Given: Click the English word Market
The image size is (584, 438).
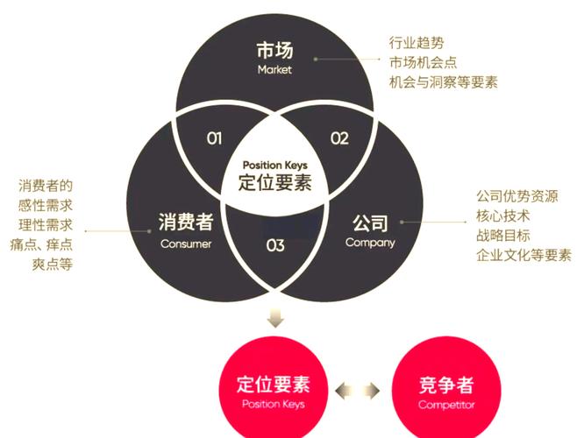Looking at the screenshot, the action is [274, 69].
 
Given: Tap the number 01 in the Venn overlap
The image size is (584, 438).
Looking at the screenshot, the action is [215, 138].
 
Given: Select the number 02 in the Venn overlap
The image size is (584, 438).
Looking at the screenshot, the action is [339, 138].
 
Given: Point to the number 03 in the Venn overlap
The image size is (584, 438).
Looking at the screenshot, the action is [275, 245].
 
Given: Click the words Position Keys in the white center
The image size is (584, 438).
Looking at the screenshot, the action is [274, 165].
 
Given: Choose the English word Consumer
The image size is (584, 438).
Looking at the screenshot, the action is [186, 244].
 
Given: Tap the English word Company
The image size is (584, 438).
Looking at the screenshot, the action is [370, 243].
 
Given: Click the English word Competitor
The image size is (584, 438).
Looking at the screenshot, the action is [446, 405].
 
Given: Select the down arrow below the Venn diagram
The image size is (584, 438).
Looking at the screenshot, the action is [275, 317].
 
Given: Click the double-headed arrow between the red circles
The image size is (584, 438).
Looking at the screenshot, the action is [358, 391].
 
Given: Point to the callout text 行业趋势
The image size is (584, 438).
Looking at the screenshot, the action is [417, 43].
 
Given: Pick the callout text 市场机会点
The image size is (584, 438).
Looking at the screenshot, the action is [424, 62].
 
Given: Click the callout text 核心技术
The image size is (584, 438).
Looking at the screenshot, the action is [503, 215].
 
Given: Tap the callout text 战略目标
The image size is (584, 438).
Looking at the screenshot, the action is [503, 236].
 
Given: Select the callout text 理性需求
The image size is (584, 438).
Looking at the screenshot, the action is [46, 225].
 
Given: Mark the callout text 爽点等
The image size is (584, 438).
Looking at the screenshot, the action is [52, 265].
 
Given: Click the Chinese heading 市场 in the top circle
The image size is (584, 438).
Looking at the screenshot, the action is [274, 50].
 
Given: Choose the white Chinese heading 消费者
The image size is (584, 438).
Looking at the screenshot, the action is [186, 222].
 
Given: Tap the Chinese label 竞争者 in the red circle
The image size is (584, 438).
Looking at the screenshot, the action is [446, 385].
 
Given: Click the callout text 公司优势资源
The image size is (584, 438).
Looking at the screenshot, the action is [517, 196].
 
